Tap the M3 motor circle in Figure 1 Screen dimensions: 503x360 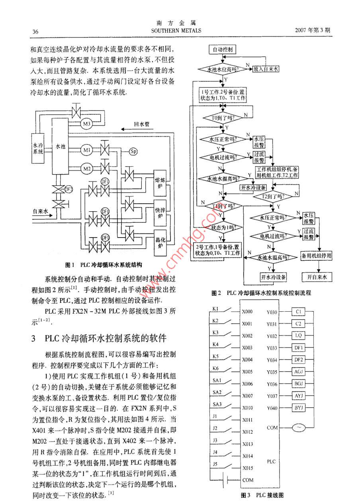(87, 124)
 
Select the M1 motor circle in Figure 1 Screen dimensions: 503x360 (87, 150)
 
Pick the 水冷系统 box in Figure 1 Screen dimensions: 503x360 (38, 148)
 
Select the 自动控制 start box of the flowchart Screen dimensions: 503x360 (222, 50)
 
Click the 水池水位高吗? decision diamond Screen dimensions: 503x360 (222, 69)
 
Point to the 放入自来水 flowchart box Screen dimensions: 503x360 (266, 69)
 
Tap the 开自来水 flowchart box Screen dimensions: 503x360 (317, 277)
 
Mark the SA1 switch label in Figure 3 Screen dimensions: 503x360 (217, 381)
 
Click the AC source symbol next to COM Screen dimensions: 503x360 (298, 428)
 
